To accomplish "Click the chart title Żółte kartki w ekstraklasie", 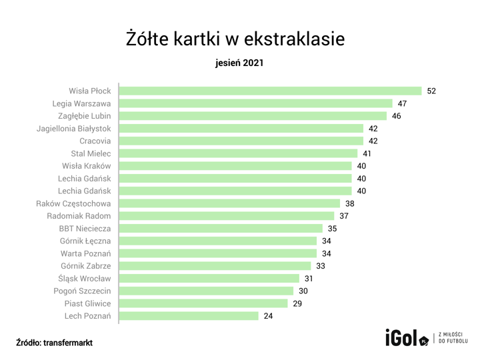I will coord(235,38).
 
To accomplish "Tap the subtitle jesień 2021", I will coord(239,64).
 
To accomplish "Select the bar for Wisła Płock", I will coord(270,91).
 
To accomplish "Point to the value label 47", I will coord(402,103).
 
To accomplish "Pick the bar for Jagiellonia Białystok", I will coord(241,128).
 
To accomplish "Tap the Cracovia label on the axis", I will coord(95,141).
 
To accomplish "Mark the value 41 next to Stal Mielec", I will coord(367,153).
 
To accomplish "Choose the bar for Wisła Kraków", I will coord(235,166).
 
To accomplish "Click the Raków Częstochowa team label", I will coord(73,203).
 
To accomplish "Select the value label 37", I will coord(344,216).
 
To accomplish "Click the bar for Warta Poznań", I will coord(217,253).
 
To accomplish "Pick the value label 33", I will coord(321,265).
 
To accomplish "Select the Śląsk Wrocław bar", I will coord(209,278).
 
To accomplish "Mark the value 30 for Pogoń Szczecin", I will coord(303,291).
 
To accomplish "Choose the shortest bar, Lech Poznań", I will coord(189,316).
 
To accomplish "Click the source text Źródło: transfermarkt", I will coord(55,342).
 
